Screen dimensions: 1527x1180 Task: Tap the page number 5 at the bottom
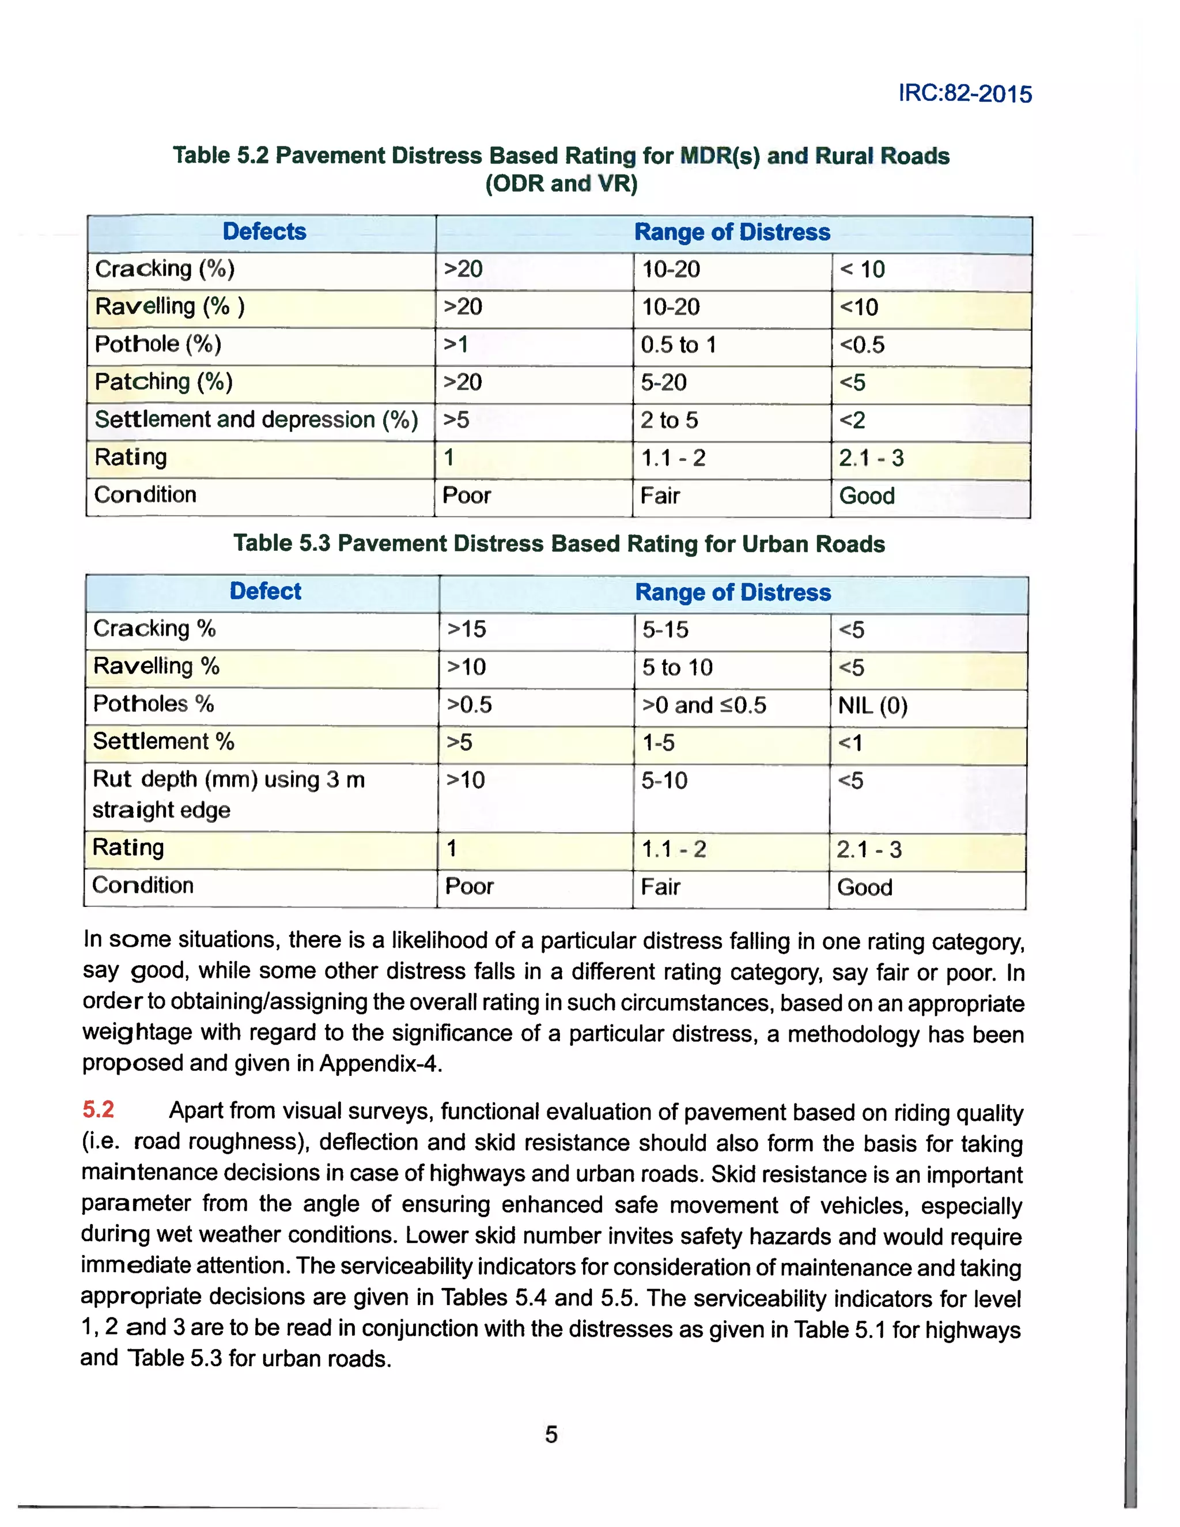coord(551,1434)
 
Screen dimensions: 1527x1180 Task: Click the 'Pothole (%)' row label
coord(158,344)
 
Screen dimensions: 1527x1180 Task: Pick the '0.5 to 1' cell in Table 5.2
coord(678,345)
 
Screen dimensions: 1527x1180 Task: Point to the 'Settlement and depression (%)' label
coord(256,419)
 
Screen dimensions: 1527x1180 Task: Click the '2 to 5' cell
coord(669,420)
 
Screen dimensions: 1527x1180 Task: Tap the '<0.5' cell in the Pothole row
coord(862,345)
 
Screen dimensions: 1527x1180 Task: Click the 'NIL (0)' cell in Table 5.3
coord(872,705)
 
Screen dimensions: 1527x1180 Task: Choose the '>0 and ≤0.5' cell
coord(704,705)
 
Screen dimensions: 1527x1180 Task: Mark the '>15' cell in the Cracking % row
coord(466,629)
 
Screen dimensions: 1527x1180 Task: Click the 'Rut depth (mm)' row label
coord(228,780)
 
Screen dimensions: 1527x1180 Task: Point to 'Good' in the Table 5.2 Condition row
coord(867,496)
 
